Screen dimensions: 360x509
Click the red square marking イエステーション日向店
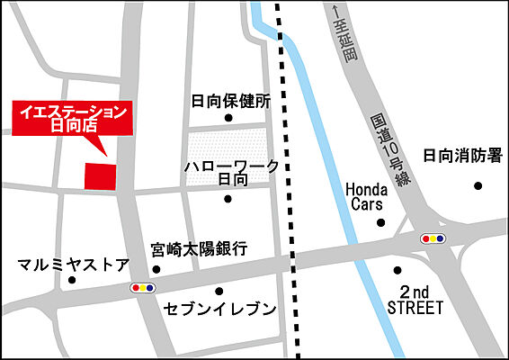[101, 176]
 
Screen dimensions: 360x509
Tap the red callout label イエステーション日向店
[71, 118]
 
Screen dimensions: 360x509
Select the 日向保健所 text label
[230, 101]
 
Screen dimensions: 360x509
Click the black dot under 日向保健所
[228, 118]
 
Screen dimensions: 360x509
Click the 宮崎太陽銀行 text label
[199, 248]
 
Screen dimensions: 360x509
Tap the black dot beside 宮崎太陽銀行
[156, 268]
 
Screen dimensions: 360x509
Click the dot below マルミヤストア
[72, 280]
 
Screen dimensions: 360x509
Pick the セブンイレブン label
[219, 309]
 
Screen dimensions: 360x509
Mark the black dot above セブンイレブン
[219, 291]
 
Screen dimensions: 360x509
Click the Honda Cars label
[366, 197]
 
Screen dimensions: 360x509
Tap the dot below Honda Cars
[380, 222]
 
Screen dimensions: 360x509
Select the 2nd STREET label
[415, 301]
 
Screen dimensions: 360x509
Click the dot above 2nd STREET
[397, 270]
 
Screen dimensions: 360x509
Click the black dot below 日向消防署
[478, 185]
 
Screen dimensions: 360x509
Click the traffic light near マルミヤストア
[143, 288]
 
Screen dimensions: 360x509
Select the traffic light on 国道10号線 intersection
[434, 238]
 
